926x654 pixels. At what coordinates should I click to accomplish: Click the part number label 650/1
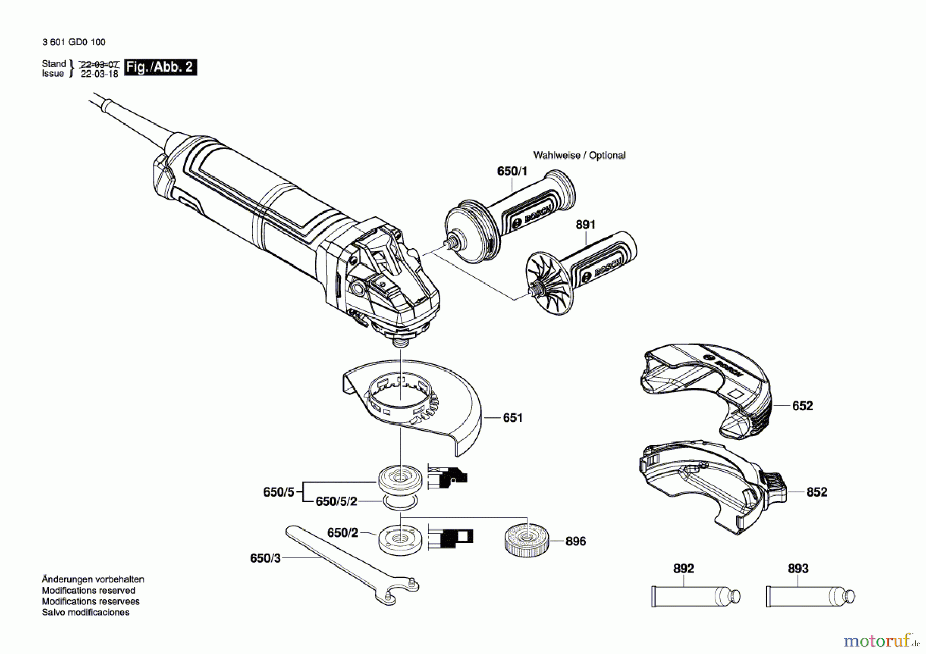point(512,171)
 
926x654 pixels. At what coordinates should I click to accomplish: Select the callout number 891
point(585,225)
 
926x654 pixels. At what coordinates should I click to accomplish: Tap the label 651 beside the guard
point(512,418)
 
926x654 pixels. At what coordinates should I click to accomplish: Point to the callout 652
point(803,406)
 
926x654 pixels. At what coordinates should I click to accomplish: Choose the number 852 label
point(817,492)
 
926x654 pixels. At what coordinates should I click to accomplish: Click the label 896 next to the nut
point(576,541)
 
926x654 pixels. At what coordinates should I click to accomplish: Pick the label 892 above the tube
point(684,569)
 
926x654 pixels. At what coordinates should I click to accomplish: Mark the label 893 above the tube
point(798,569)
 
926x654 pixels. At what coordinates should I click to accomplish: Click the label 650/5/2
point(336,501)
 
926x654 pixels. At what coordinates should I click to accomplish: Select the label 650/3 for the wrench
point(265,558)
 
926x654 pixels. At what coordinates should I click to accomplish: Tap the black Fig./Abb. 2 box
point(160,67)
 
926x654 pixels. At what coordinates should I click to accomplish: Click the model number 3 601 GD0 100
point(74,42)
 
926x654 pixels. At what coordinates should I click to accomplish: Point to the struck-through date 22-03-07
point(100,65)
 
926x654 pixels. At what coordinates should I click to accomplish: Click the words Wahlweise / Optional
point(579,155)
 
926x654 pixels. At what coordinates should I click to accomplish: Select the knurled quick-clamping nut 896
point(526,540)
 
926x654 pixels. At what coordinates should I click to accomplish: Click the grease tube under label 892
point(694,597)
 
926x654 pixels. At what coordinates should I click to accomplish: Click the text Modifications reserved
point(88,591)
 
